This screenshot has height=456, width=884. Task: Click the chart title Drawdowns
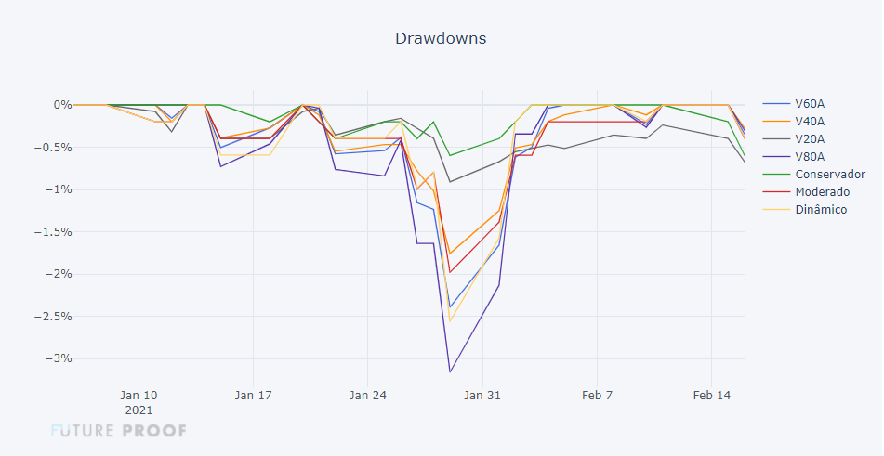(x=441, y=38)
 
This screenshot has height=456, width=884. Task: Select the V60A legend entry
(x=810, y=103)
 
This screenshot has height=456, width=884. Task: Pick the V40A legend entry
(x=810, y=121)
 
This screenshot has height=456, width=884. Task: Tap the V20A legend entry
(x=810, y=138)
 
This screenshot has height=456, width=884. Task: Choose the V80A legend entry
(x=810, y=156)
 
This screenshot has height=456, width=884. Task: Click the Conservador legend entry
(x=830, y=174)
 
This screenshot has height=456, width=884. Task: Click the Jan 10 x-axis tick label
(x=139, y=395)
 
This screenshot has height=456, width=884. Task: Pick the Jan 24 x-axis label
(x=367, y=395)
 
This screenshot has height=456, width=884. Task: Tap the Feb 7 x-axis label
(x=597, y=395)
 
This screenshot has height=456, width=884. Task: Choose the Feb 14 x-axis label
(x=711, y=395)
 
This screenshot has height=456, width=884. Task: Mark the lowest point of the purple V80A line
(x=450, y=372)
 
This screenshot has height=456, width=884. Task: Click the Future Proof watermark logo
(x=119, y=431)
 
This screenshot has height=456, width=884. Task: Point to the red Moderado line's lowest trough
(x=450, y=272)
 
